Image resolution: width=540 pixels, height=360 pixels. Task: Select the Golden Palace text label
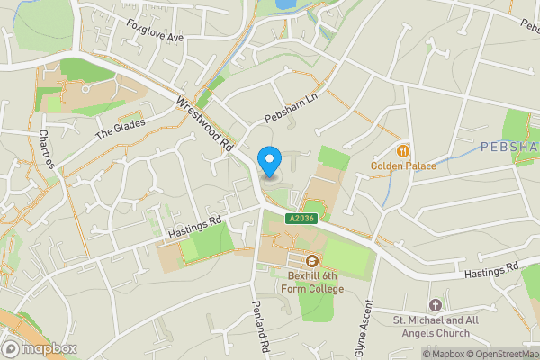(x=403, y=166)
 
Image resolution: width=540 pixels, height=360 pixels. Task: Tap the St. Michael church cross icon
(x=436, y=306)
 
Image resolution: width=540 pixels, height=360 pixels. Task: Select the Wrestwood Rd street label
(x=206, y=124)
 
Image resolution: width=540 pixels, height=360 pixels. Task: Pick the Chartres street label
(x=48, y=148)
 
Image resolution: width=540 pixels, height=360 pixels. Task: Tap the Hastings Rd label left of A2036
(x=194, y=229)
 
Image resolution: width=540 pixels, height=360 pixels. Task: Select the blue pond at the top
(x=286, y=4)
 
